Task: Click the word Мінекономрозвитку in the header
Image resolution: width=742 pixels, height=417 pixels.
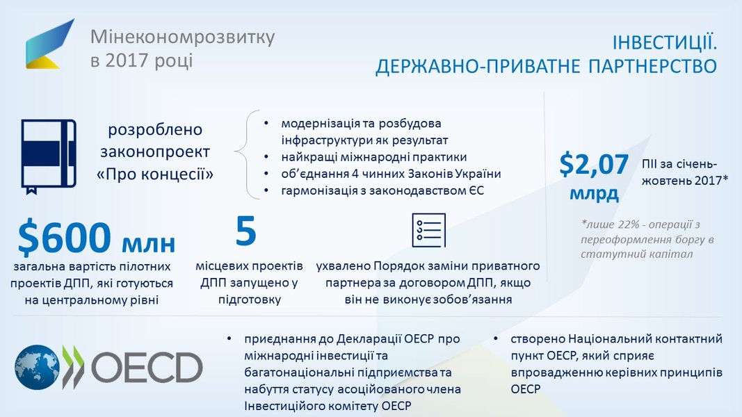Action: (x=183, y=37)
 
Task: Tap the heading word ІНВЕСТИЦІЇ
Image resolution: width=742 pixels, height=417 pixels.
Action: (x=664, y=42)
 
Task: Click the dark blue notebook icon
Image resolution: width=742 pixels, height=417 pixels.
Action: (x=49, y=156)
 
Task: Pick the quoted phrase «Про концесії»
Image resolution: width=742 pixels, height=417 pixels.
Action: (x=155, y=174)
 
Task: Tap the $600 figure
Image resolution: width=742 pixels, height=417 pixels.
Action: (x=65, y=237)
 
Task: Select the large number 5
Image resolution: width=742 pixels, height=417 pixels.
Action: (x=245, y=231)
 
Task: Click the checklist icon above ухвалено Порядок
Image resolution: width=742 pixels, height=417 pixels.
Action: (x=429, y=230)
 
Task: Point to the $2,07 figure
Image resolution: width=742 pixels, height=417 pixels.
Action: (x=594, y=165)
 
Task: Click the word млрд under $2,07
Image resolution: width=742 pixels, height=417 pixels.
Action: (x=594, y=193)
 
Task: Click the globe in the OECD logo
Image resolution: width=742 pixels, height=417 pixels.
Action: (x=37, y=368)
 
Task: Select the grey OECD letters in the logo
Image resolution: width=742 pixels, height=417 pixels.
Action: (x=147, y=368)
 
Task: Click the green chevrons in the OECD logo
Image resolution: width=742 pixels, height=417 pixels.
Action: (x=73, y=368)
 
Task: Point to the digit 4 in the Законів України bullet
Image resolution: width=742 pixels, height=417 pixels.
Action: (x=355, y=174)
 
